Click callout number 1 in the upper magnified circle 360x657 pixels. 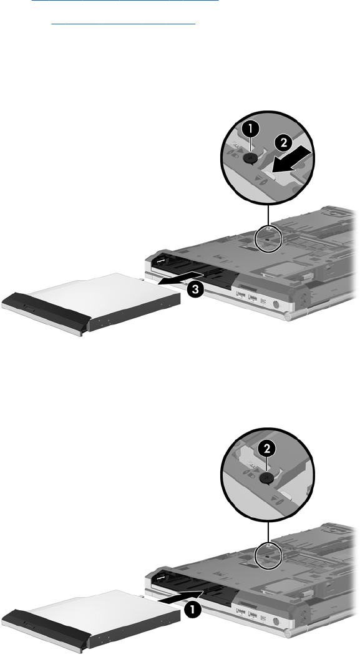pyautogui.click(x=251, y=130)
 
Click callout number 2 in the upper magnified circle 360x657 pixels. pyautogui.click(x=284, y=143)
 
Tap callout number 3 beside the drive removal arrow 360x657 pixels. pyautogui.click(x=195, y=289)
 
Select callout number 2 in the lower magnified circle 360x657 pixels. pyautogui.click(x=268, y=449)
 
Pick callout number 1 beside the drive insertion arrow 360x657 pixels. pyautogui.click(x=192, y=610)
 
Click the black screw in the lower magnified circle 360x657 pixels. pyautogui.click(x=268, y=478)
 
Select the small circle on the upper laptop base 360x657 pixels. pyautogui.click(x=269, y=239)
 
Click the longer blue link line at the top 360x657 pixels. pyautogui.click(x=125, y=1)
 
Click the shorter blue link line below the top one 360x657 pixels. pyautogui.click(x=123, y=24)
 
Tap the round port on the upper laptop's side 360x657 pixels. pyautogui.click(x=276, y=304)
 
